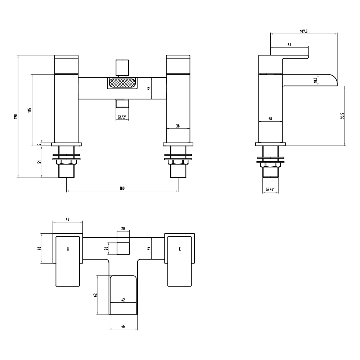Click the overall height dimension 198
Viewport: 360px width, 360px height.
coord(15,117)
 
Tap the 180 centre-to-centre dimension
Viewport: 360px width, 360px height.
coord(122,188)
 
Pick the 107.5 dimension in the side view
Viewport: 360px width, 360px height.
coord(303,31)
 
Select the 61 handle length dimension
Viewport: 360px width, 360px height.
coord(289,44)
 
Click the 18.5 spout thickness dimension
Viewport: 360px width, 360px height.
coord(315,80)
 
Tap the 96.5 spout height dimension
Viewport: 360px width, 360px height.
coord(342,116)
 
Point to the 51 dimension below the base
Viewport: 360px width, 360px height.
coord(40,162)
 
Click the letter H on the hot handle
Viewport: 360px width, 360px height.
coord(68,249)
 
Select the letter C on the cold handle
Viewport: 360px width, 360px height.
coord(180,249)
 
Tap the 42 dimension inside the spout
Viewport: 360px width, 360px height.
coord(123,300)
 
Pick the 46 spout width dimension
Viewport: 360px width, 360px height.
coord(123,326)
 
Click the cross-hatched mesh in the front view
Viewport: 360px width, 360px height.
coord(122,84)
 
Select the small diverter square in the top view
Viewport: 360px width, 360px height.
coord(123,248)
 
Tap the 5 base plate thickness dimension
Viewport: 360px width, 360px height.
coord(40,144)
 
